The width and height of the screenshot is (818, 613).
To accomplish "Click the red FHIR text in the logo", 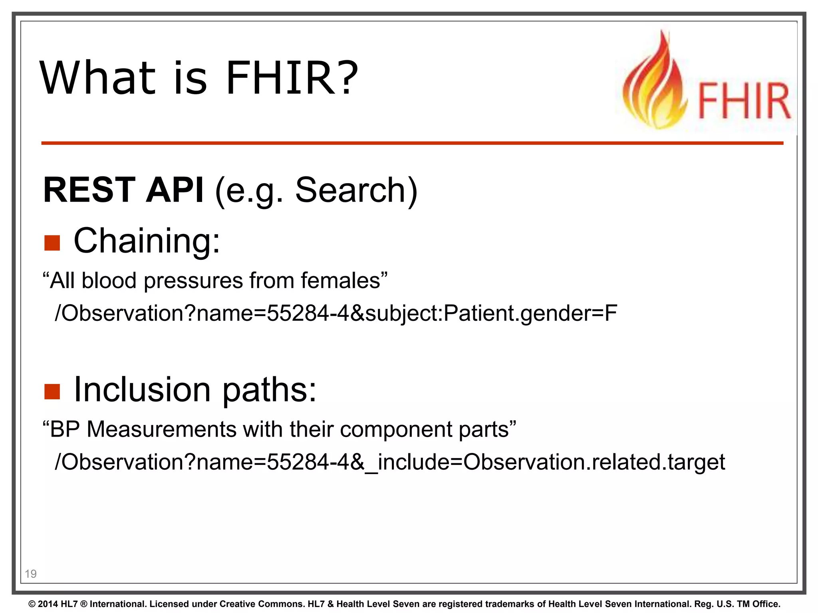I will (744, 101).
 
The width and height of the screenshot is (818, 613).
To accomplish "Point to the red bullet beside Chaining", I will (52, 243).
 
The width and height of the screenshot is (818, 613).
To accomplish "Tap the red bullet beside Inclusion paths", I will (52, 392).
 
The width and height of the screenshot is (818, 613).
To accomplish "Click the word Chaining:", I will (147, 241).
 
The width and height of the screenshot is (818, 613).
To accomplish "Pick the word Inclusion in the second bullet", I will (142, 390).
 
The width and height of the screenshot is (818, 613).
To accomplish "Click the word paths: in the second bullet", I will (269, 390).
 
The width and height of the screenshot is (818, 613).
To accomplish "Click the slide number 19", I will (30, 574).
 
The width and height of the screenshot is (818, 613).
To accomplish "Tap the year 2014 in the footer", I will (48, 604).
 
